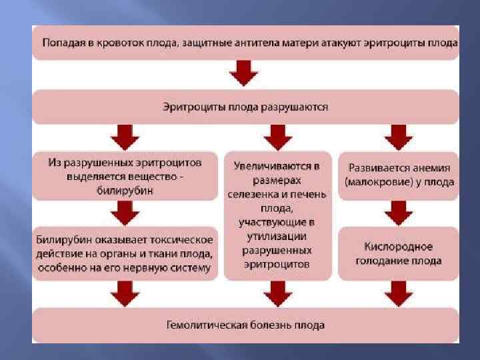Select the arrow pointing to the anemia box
398,137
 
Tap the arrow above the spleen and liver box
277,137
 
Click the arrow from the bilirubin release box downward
125,213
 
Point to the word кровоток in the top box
102,43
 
